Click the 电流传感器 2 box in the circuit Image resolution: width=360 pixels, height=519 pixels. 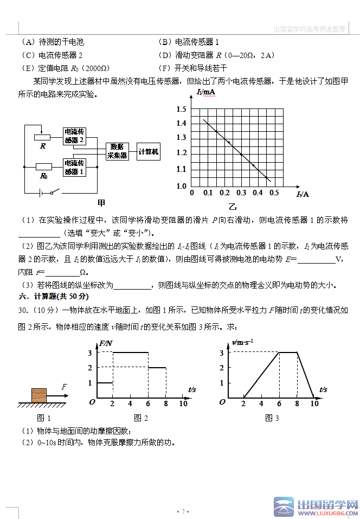click(75, 136)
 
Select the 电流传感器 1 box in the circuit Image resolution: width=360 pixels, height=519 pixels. click(75, 166)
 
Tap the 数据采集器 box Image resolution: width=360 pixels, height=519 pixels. click(117, 151)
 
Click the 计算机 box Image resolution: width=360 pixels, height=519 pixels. click(149, 152)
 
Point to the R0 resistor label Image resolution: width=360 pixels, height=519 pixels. click(43, 176)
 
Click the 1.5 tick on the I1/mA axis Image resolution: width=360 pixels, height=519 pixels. click(181, 110)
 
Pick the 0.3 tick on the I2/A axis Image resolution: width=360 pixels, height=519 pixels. click(241, 193)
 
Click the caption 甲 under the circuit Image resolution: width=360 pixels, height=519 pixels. click(101, 203)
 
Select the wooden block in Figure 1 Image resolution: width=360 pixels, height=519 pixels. click(40, 395)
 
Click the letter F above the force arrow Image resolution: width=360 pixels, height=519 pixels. click(64, 387)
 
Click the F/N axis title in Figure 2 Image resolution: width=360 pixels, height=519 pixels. click(106, 344)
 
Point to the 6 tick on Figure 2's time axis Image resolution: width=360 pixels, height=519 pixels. click(148, 403)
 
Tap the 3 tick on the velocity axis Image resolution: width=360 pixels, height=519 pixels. click(222, 353)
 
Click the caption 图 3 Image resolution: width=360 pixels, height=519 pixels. click(272, 418)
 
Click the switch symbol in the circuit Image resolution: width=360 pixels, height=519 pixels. click(53, 192)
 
